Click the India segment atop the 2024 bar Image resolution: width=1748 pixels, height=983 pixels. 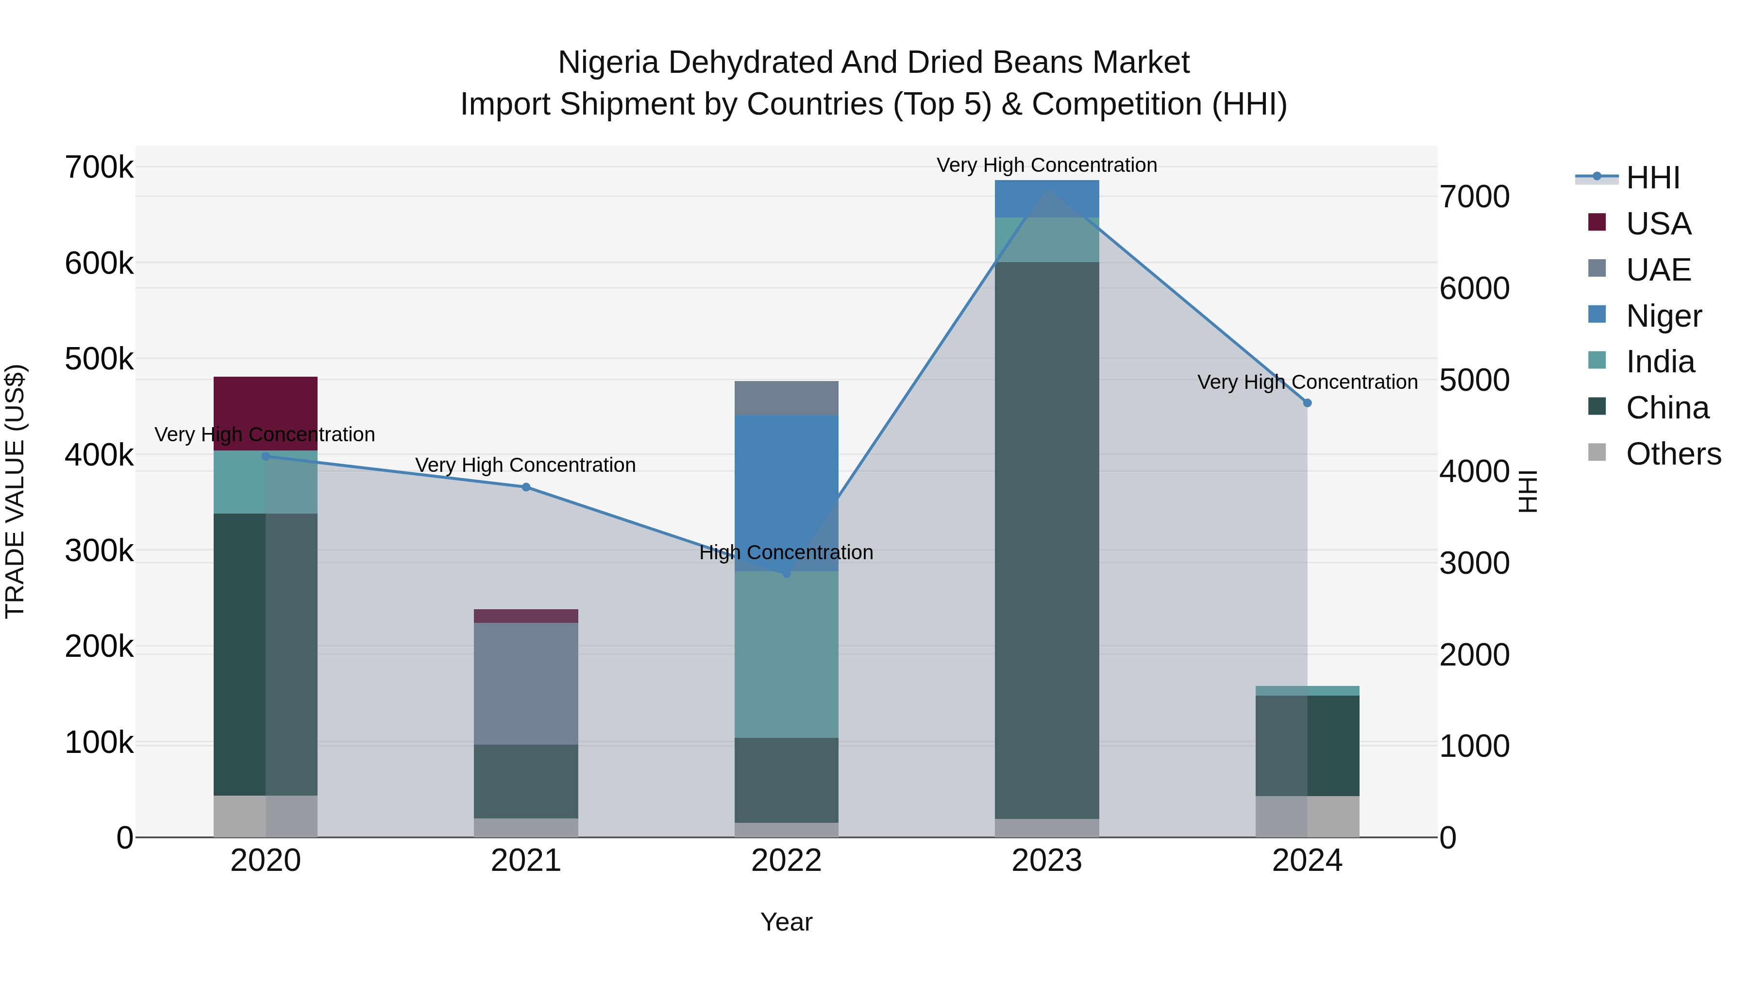[x=1307, y=691]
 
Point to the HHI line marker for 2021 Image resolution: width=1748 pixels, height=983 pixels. [x=526, y=487]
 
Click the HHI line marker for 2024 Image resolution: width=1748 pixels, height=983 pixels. [x=1307, y=403]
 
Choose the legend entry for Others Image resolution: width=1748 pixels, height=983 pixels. [x=1673, y=454]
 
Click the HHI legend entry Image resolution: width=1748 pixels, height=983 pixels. [x=1652, y=178]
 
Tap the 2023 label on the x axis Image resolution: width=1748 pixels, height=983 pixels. [x=1046, y=861]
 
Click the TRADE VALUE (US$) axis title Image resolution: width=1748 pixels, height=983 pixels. [x=15, y=491]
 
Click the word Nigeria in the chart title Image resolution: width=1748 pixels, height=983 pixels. [x=608, y=63]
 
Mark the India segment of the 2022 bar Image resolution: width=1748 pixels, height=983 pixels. [x=787, y=655]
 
